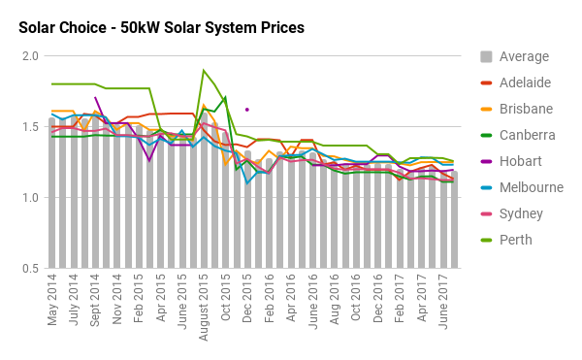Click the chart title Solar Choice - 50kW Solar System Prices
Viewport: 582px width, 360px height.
point(161,27)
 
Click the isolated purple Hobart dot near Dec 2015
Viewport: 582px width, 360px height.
point(247,110)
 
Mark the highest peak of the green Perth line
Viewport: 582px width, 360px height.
point(204,70)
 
